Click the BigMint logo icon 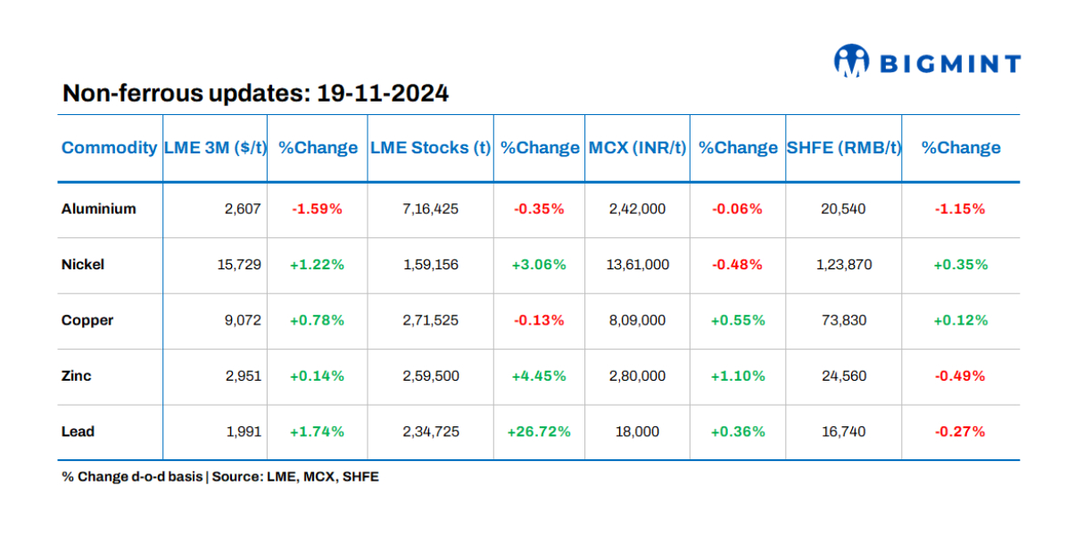tap(851, 62)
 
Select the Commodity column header tap(109, 148)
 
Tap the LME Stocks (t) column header tap(430, 148)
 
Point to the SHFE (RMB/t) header tap(843, 148)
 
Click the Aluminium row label tap(98, 209)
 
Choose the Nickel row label tap(83, 264)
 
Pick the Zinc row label tap(76, 375)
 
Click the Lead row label tap(78, 432)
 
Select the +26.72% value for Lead tap(539, 432)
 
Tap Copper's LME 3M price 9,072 tap(243, 320)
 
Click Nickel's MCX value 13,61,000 tap(637, 264)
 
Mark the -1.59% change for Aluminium tap(317, 209)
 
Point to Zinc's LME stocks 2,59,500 tap(431, 375)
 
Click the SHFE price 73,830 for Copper tap(843, 320)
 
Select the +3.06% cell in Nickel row tap(539, 264)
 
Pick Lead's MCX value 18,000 tap(637, 432)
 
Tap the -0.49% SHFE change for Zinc tap(960, 375)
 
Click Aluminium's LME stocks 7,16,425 tap(431, 209)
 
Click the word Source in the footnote tap(236, 477)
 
